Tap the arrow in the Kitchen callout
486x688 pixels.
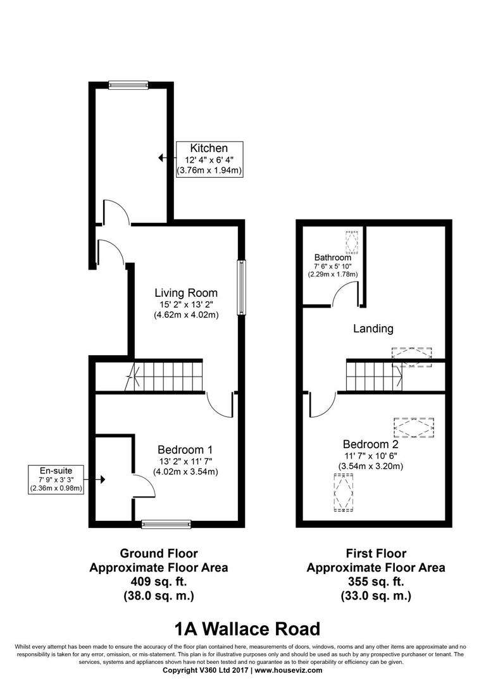tap(162, 159)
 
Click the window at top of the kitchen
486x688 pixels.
tap(128, 85)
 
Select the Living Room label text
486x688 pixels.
tap(186, 293)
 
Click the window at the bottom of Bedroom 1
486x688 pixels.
tap(166, 523)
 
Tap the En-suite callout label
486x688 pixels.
tap(57, 471)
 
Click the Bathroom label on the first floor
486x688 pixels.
tap(332, 258)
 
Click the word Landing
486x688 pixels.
tap(373, 328)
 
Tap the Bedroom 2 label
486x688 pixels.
tap(371, 444)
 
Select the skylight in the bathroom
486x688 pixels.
tap(351, 242)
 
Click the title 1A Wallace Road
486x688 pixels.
tap(247, 629)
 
